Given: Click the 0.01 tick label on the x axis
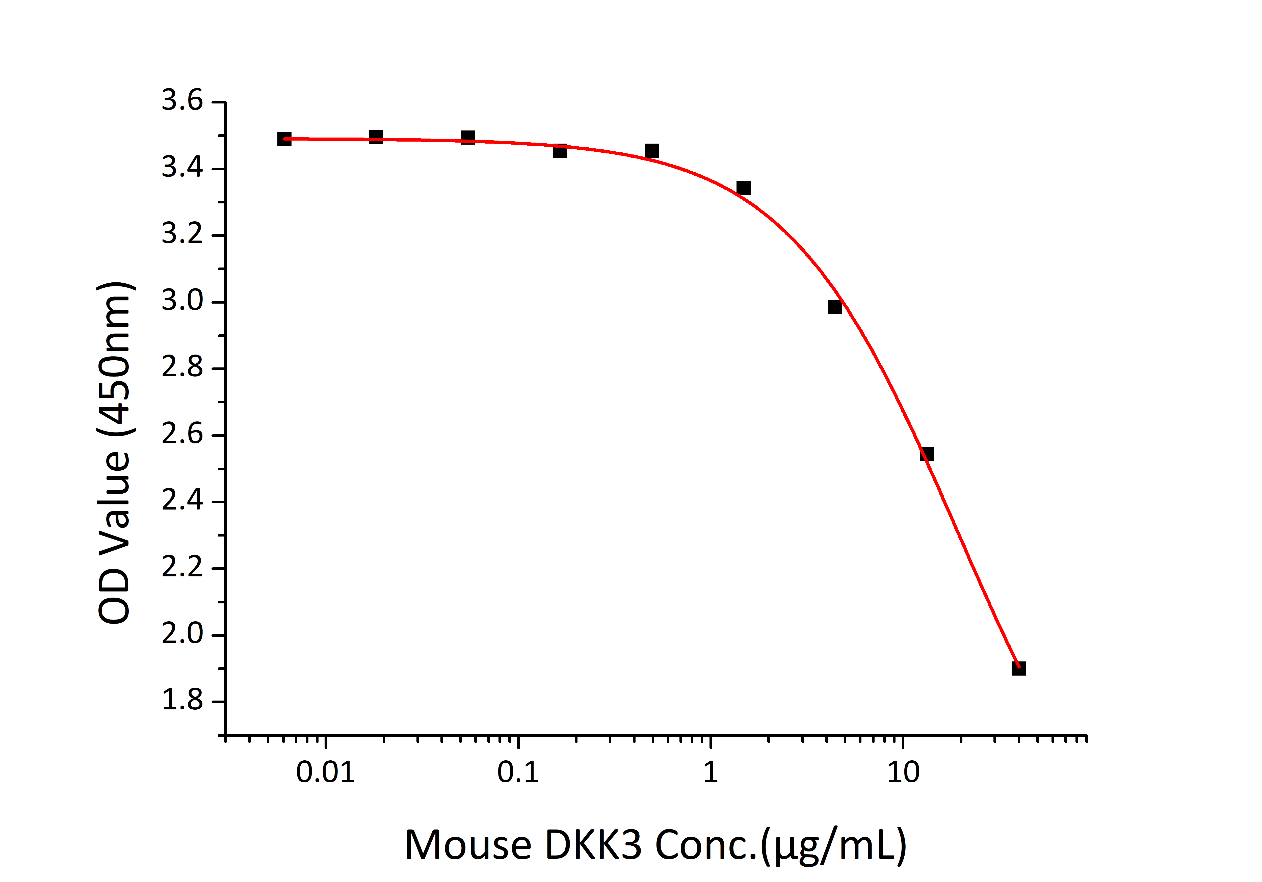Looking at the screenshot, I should pyautogui.click(x=325, y=772).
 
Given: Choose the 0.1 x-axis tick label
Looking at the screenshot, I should pyautogui.click(x=518, y=772).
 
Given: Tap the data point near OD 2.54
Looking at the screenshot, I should pyautogui.click(x=927, y=454).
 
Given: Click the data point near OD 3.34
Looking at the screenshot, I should pyautogui.click(x=743, y=188).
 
